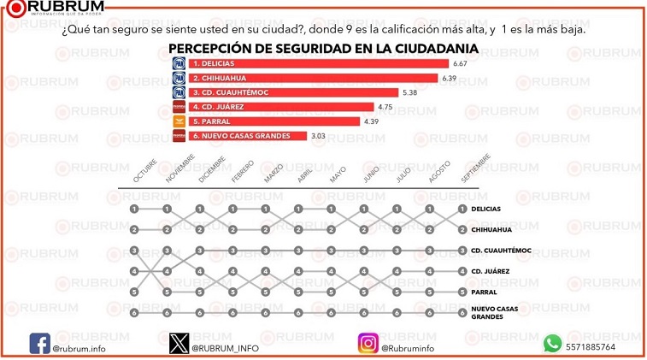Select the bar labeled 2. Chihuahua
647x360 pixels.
[313, 78]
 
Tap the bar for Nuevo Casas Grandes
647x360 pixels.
[248, 135]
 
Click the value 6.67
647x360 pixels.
[460, 64]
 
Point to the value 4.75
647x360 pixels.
[385, 107]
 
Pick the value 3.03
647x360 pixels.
[319, 136]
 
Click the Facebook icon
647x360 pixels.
[40, 343]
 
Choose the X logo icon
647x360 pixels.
[178, 343]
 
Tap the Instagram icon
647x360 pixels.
[368, 343]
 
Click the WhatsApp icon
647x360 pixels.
[552, 344]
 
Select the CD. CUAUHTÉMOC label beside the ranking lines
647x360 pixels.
[501, 251]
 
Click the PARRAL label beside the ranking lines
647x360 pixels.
[485, 292]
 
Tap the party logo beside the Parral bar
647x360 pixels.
[179, 121]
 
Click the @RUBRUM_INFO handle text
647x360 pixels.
[225, 348]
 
